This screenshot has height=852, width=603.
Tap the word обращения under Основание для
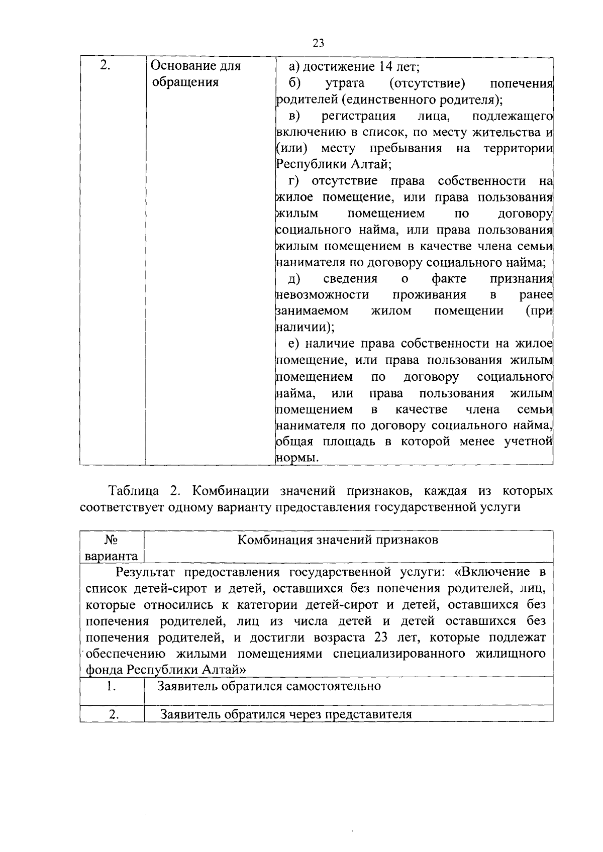pyautogui.click(x=185, y=82)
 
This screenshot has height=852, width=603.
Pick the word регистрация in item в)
pyautogui.click(x=358, y=116)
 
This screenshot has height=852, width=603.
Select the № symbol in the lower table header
pyautogui.click(x=111, y=540)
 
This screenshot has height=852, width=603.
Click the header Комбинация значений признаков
pyautogui.click(x=338, y=540)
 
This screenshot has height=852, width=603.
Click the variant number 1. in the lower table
pyautogui.click(x=111, y=686)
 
